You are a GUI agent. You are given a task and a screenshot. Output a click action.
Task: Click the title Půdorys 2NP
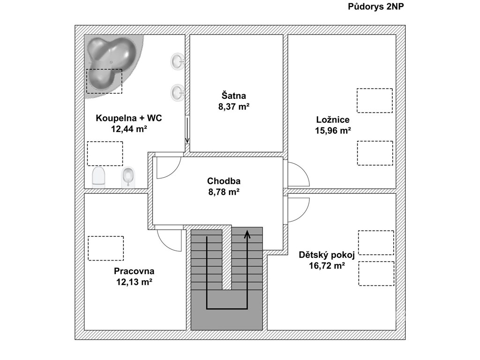click(x=375, y=7)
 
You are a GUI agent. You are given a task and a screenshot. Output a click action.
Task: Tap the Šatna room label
click(x=233, y=96)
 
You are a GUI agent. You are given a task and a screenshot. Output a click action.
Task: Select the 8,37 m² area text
click(x=233, y=106)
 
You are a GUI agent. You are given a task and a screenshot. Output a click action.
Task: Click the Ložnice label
click(x=333, y=120)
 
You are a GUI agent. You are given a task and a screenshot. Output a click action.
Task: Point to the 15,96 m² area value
click(x=333, y=131)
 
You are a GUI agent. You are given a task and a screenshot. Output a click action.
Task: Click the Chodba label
click(x=224, y=181)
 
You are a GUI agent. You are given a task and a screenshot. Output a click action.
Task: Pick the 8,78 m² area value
click(x=224, y=192)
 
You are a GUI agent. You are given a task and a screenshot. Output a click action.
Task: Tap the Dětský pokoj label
click(x=327, y=255)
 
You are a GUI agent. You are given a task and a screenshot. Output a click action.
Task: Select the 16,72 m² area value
click(x=327, y=265)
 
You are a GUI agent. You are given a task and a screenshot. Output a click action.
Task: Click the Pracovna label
click(x=134, y=271)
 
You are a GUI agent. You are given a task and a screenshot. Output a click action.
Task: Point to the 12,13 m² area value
click(x=134, y=282)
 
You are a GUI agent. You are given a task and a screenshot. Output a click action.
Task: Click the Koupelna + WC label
click(x=129, y=118)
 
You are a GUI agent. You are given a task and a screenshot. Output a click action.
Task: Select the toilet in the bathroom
click(x=98, y=177)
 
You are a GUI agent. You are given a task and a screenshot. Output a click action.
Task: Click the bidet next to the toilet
click(x=128, y=177)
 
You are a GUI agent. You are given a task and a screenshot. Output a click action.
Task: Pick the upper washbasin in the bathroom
click(x=177, y=61)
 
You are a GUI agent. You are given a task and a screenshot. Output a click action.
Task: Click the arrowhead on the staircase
click(x=247, y=234)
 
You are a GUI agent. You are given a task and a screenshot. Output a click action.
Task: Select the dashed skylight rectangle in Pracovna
click(x=106, y=248)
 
